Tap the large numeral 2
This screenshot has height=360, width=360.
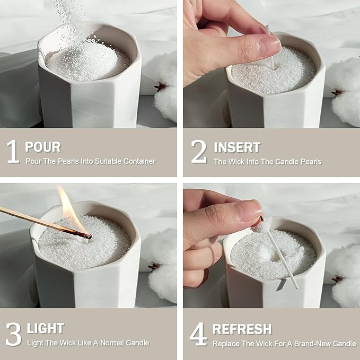(x=199, y=151)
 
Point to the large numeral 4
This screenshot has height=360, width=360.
(x=199, y=334)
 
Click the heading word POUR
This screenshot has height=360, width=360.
(x=43, y=147)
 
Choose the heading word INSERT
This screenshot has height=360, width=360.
(x=237, y=147)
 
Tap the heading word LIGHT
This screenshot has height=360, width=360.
(x=46, y=328)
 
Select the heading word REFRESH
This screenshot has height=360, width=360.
(x=242, y=329)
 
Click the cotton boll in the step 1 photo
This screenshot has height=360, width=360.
(x=165, y=87)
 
